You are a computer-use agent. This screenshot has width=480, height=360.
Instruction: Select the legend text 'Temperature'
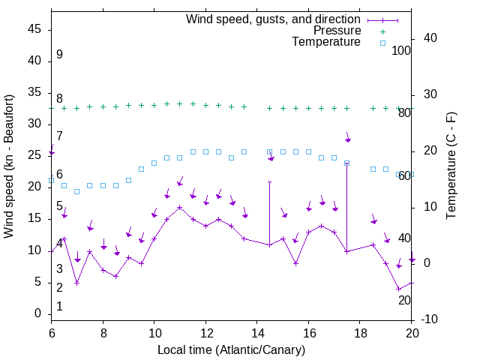tap(326, 43)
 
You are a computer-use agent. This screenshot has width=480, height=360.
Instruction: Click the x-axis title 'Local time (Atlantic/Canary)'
tap(231, 350)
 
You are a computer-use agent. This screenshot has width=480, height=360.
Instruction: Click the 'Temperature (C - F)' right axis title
tap(451, 166)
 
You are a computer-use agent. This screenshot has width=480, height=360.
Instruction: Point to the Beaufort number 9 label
tap(59, 55)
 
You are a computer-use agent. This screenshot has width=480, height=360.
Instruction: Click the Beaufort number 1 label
tap(59, 307)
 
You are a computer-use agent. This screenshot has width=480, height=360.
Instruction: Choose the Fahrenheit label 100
tap(401, 50)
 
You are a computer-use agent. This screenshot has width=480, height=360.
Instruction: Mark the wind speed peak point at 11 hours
tap(179, 207)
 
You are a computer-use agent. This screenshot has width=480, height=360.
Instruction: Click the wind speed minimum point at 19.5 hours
tap(398, 289)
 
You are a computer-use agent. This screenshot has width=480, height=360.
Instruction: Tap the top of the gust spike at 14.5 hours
tap(269, 181)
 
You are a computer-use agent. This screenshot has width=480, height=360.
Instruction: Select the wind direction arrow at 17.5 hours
tap(347, 138)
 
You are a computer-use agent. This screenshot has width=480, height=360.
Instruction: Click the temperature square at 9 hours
tap(128, 180)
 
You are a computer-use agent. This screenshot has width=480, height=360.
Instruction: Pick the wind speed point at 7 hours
tap(76, 283)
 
